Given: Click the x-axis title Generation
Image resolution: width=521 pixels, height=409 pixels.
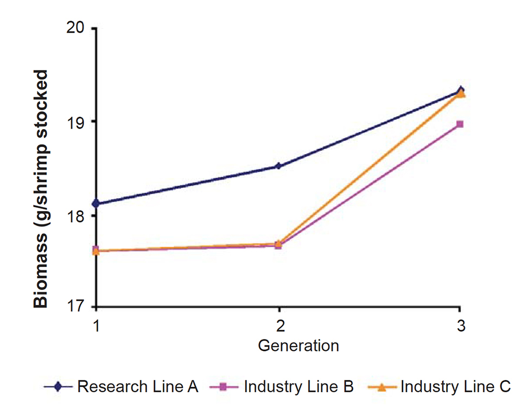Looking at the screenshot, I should tap(298, 345).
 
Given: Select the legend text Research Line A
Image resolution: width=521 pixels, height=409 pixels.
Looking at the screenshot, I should tap(138, 387).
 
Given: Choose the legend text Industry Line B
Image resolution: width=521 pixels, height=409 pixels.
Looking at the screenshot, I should tap(299, 387).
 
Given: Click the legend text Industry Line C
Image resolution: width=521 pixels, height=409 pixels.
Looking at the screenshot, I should tap(455, 387).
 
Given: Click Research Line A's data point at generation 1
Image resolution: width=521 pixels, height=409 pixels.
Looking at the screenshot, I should tap(96, 203).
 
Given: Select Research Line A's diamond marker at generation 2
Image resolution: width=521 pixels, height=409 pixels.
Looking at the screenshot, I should tap(278, 166).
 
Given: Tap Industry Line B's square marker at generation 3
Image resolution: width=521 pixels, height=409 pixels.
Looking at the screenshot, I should tap(460, 124).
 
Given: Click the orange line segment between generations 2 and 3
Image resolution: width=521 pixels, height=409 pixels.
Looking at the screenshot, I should tap(369, 169).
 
